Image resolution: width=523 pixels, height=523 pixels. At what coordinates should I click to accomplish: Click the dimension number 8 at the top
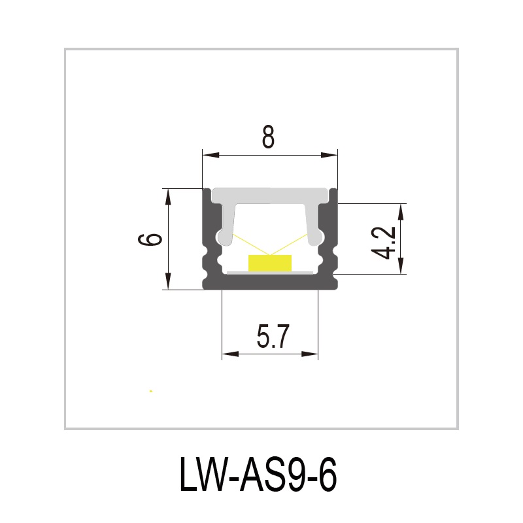(267, 138)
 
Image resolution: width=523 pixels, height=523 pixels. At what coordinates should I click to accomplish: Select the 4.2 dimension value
(386, 242)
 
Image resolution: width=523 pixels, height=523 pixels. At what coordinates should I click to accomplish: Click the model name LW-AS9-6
(258, 475)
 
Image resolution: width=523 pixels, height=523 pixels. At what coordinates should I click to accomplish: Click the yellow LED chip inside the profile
(269, 263)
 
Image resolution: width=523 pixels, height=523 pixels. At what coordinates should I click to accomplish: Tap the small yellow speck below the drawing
(151, 391)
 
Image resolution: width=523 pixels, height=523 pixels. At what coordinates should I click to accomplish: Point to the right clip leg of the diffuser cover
(314, 226)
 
